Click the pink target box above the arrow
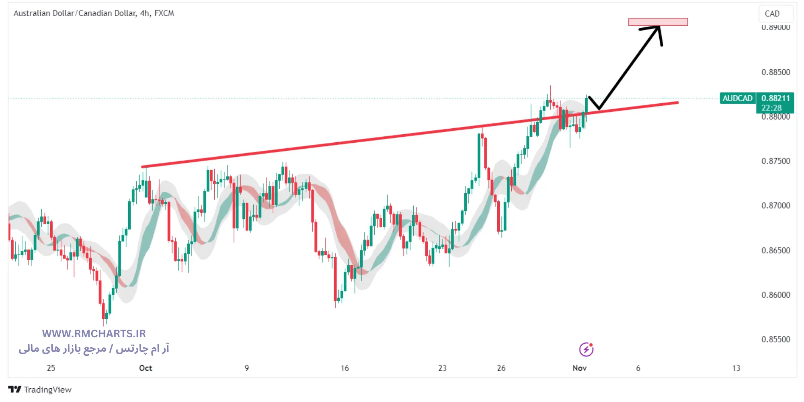pos(658,22)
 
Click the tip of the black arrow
pos(659,27)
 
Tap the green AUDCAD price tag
pos(737,98)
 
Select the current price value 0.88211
pos(775,98)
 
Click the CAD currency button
pos(772,14)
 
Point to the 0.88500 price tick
pos(775,72)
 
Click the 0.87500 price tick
pos(775,161)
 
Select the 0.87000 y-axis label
pos(775,206)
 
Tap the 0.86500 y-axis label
pos(775,250)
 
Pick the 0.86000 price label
pos(775,295)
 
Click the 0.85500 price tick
pos(775,339)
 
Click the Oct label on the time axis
pos(146,368)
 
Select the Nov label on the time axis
pos(579,368)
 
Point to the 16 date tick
pos(345,368)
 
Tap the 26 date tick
pos(501,368)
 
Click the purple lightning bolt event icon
pos(586,349)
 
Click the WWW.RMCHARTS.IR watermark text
pos(94,334)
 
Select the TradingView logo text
pos(47,390)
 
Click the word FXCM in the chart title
pos(164,13)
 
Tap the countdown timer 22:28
pos(771,108)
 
